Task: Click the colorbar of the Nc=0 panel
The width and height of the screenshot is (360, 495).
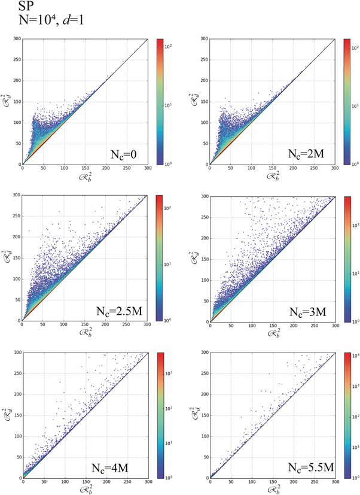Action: [160, 102]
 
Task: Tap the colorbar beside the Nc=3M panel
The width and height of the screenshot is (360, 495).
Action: [347, 258]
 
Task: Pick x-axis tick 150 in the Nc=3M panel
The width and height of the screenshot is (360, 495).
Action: [272, 326]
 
